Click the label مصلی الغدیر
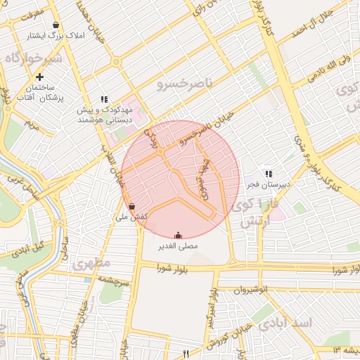click(179, 246)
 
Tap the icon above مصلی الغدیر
click(179, 235)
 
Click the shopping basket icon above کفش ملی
click(132, 207)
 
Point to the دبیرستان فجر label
click(269, 185)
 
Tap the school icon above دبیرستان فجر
click(268, 174)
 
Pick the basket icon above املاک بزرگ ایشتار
click(56, 25)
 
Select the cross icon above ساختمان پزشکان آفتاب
click(40, 77)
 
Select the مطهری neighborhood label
click(91, 264)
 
